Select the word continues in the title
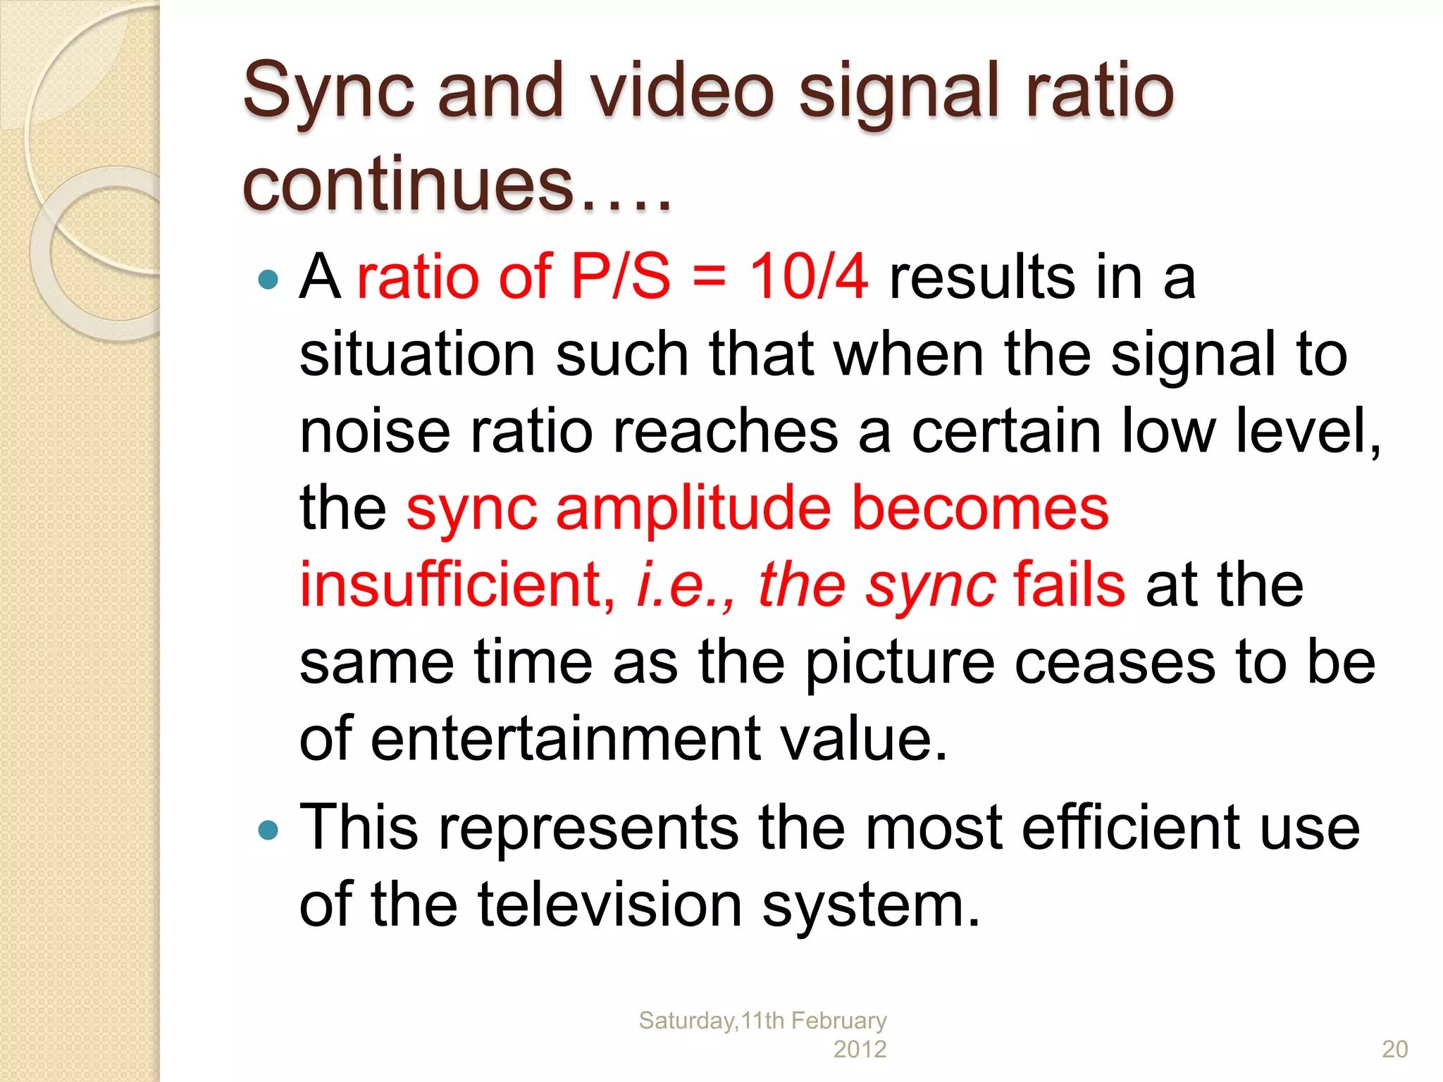(x=409, y=185)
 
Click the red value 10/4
(x=808, y=276)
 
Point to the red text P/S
(x=621, y=276)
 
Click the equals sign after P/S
(x=709, y=276)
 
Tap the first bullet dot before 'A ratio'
(x=268, y=280)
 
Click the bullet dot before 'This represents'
(x=268, y=830)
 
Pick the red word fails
(x=1070, y=585)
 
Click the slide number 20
(x=1394, y=1049)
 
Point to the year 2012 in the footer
(x=860, y=1049)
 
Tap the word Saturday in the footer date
(x=686, y=1020)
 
